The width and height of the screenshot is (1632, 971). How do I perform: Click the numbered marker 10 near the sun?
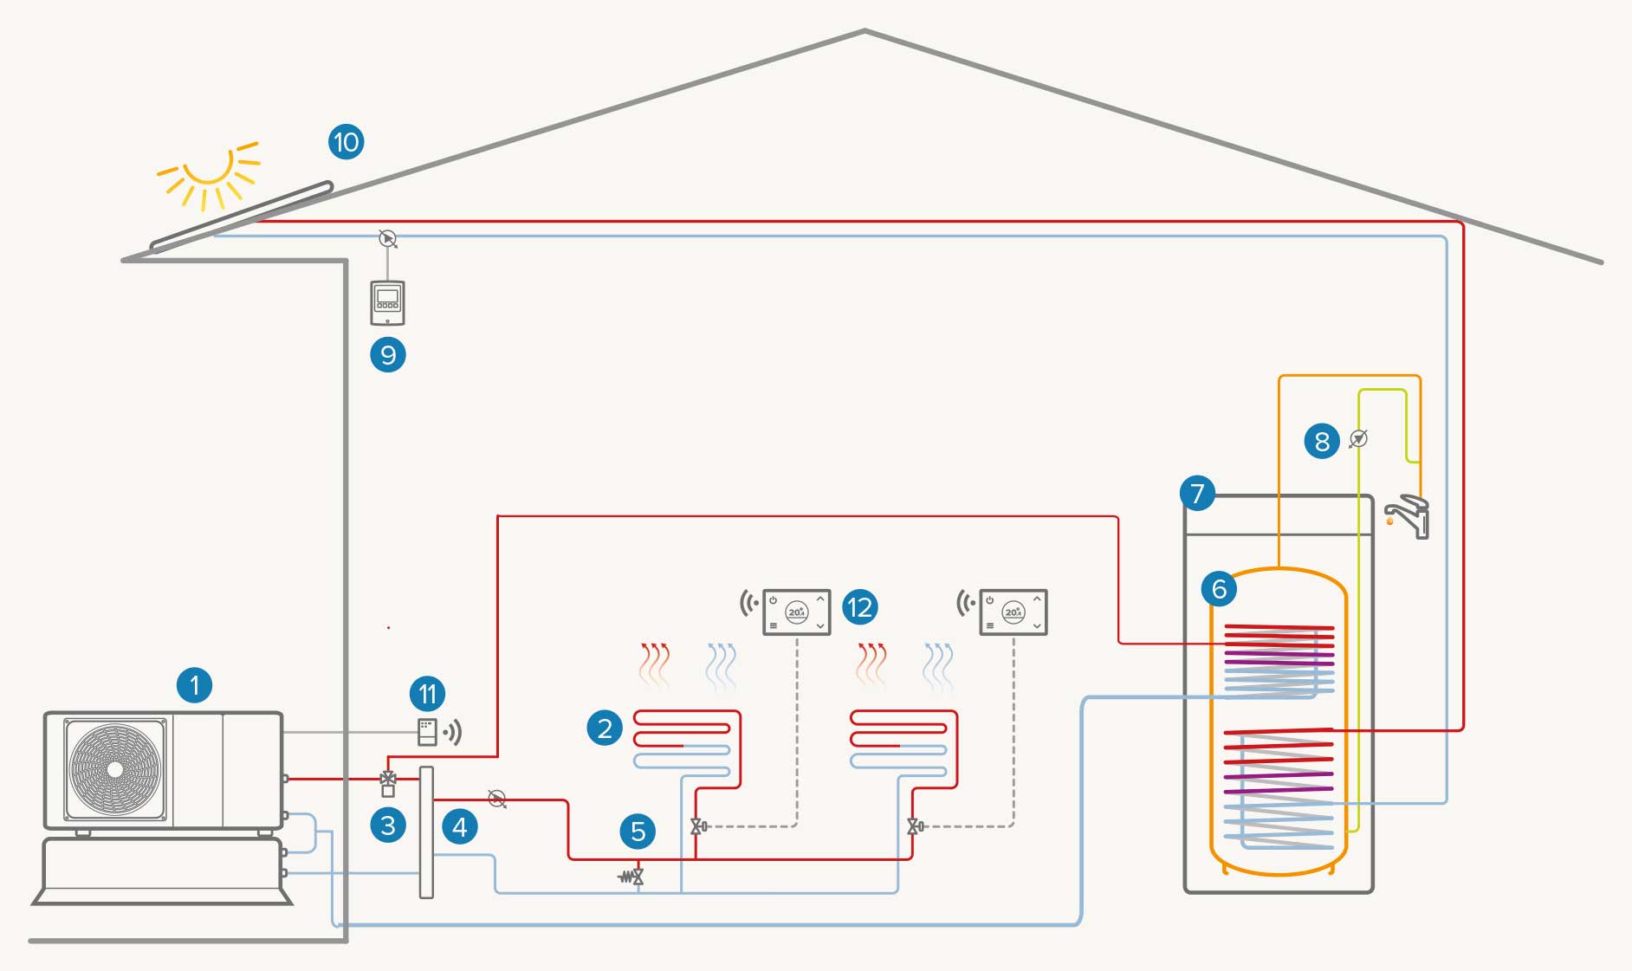346,141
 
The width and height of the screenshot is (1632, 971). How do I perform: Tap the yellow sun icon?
209,169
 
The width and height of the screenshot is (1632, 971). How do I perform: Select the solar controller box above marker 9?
387,302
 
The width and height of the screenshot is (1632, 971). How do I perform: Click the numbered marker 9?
387,354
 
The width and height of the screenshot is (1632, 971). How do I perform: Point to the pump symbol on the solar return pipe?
388,236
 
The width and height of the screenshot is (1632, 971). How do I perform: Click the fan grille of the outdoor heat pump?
115,769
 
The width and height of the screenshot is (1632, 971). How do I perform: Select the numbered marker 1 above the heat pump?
194,685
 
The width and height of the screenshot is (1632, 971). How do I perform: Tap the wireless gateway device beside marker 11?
428,732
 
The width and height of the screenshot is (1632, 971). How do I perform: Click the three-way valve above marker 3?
388,780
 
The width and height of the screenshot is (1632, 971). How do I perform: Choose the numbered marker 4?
459,827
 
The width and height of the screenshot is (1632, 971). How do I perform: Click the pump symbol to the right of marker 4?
497,799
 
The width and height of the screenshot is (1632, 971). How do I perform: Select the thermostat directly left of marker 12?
796,612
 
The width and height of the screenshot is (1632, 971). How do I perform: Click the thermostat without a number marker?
1013,612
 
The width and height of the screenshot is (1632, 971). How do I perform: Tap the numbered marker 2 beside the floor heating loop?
605,728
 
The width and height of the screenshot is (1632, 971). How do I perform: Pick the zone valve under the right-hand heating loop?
915,826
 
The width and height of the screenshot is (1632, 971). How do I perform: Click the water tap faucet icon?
1409,516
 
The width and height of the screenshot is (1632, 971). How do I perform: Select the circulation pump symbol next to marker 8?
1358,439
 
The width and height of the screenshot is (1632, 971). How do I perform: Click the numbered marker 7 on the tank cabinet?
1197,494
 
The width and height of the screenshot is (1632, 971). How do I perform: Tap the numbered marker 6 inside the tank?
1218,589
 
